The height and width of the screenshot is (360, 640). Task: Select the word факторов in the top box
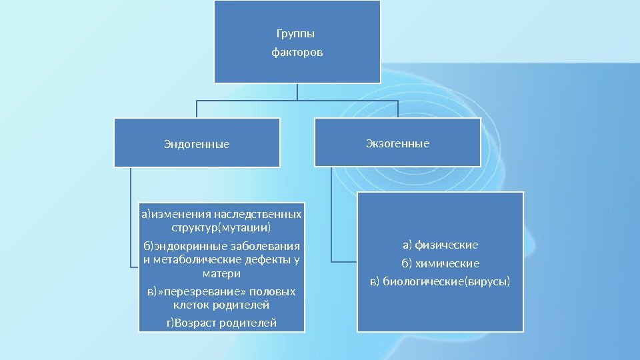(x=297, y=51)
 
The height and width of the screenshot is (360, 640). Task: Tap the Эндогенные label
(x=197, y=143)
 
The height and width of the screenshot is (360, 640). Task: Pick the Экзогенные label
(x=397, y=143)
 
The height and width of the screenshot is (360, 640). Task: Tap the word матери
(x=221, y=273)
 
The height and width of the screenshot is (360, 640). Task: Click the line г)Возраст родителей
(x=221, y=323)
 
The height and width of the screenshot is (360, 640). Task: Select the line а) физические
(x=440, y=244)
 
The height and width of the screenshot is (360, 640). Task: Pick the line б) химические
(x=440, y=263)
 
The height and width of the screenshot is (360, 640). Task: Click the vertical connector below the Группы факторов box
(x=297, y=91)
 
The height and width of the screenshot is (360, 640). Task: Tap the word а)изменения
(x=175, y=215)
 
